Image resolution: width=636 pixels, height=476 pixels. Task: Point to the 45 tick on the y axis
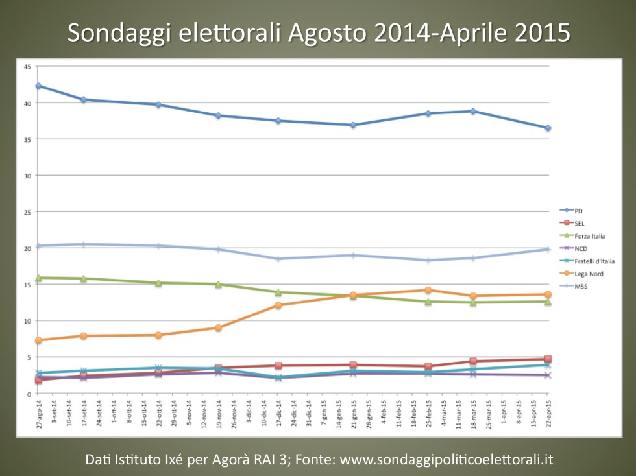(x=27, y=66)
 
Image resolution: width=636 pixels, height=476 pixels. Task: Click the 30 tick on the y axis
(x=27, y=175)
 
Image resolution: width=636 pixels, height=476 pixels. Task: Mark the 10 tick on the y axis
(x=27, y=320)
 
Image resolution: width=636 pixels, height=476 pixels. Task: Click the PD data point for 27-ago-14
(x=38, y=86)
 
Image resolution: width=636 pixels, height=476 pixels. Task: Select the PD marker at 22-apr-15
(x=548, y=128)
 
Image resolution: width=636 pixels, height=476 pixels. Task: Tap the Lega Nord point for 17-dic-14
(x=278, y=305)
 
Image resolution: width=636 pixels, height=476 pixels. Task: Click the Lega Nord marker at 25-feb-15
(x=428, y=290)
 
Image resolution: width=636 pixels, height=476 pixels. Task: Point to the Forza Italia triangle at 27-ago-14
(x=38, y=278)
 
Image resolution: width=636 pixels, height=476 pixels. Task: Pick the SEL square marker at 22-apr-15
(x=548, y=359)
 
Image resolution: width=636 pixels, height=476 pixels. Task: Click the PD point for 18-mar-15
(x=473, y=111)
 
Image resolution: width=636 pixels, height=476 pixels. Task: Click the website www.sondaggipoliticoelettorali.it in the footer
(x=446, y=460)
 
